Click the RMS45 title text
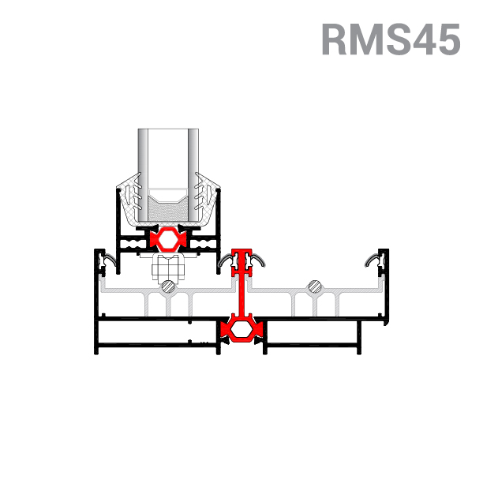(390, 39)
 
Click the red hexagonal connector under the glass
(168, 238)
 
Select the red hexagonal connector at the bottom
(240, 329)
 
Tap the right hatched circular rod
(315, 286)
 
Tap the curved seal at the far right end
(373, 260)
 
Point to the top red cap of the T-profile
(240, 256)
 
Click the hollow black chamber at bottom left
(142, 335)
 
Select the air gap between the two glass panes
(167, 158)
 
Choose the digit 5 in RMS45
(444, 39)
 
